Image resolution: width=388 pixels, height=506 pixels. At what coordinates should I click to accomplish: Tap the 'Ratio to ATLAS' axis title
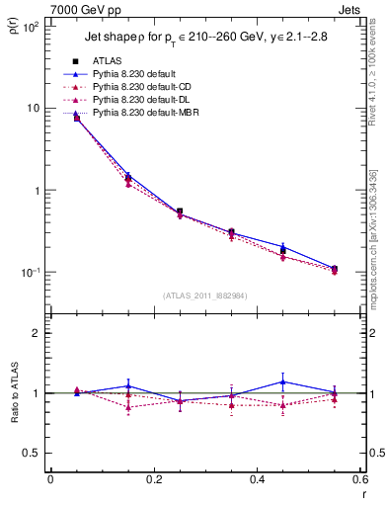click(x=14, y=419)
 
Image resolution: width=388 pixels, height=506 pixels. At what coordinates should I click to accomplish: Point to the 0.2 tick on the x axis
click(x=154, y=480)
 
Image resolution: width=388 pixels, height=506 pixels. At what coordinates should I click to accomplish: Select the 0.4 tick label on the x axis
click(x=258, y=480)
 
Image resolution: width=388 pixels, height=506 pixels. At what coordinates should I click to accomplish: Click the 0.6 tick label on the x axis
click(x=359, y=480)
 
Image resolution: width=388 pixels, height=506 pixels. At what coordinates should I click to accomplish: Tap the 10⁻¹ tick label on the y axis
click(x=32, y=272)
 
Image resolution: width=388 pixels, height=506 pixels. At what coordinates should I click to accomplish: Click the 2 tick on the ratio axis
click(x=39, y=333)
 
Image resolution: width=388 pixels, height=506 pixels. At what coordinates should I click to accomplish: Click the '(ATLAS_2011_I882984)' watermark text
click(x=205, y=295)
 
